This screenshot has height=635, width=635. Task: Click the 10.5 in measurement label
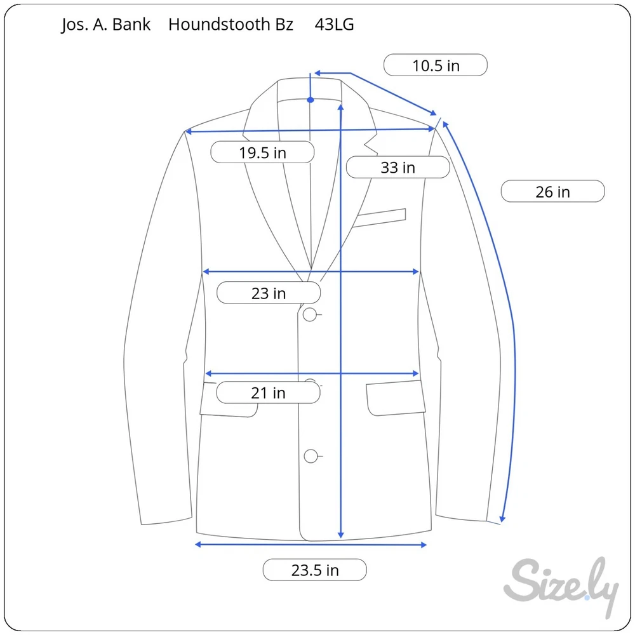point(436,65)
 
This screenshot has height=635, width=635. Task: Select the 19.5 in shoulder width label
point(262,152)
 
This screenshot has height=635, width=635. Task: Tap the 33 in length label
point(398,167)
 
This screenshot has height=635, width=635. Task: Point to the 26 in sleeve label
point(553,191)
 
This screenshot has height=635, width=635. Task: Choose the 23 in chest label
point(269,293)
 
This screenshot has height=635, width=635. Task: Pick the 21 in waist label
point(268,392)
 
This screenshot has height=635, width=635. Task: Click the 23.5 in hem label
point(315,570)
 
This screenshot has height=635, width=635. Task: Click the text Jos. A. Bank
point(105,25)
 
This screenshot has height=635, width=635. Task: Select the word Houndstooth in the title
point(219,24)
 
